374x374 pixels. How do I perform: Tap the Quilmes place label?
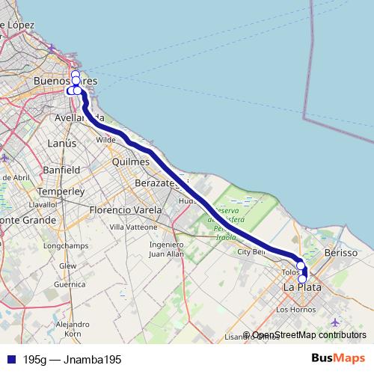click(132, 162)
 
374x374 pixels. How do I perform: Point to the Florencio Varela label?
click(125, 210)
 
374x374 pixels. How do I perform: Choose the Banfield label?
click(61, 170)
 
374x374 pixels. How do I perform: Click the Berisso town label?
click(341, 254)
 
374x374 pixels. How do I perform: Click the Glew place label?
click(68, 266)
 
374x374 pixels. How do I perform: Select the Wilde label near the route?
click(106, 139)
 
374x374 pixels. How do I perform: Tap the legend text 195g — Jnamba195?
click(72, 359)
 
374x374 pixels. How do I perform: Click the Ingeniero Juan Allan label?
click(166, 249)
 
